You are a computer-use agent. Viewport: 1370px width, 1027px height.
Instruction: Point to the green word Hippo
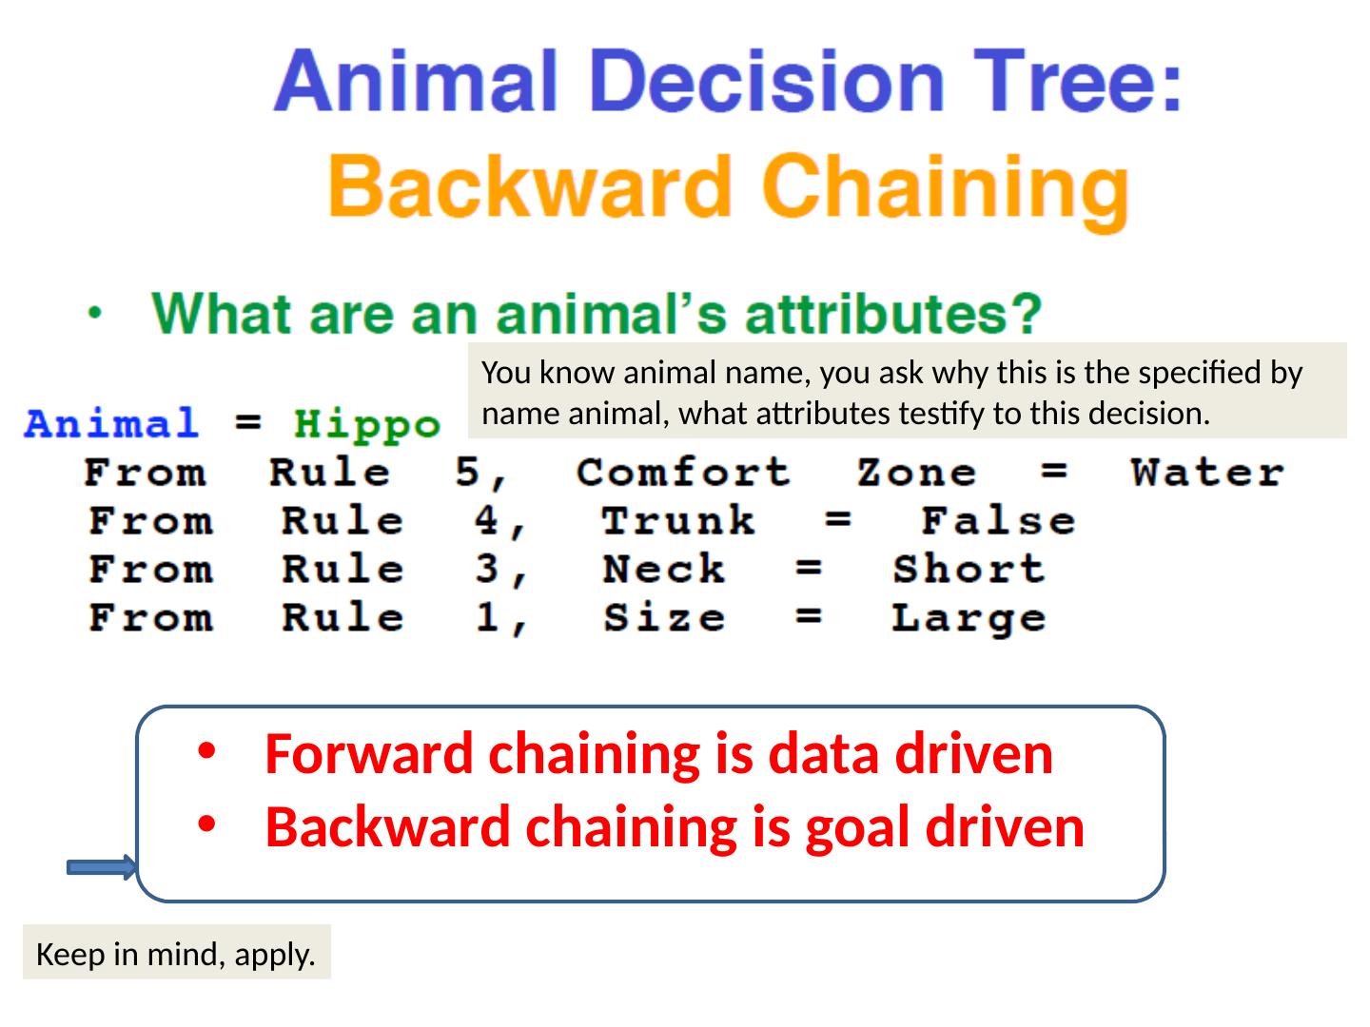tap(367, 426)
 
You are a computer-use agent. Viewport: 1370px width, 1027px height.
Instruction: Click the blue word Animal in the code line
tap(111, 422)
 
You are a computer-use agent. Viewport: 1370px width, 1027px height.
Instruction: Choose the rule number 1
tap(487, 617)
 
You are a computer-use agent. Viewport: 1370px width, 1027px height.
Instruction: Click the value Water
tap(1207, 472)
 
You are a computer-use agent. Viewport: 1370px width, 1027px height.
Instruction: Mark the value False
tap(999, 520)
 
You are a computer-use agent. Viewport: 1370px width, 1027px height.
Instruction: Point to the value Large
tap(969, 619)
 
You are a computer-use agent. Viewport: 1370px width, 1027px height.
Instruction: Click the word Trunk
tap(678, 520)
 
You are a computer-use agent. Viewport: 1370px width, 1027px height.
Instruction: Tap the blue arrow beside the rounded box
tap(102, 867)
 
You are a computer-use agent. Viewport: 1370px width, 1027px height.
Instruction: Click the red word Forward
tap(369, 754)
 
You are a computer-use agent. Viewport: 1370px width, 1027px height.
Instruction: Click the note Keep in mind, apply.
tap(176, 955)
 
